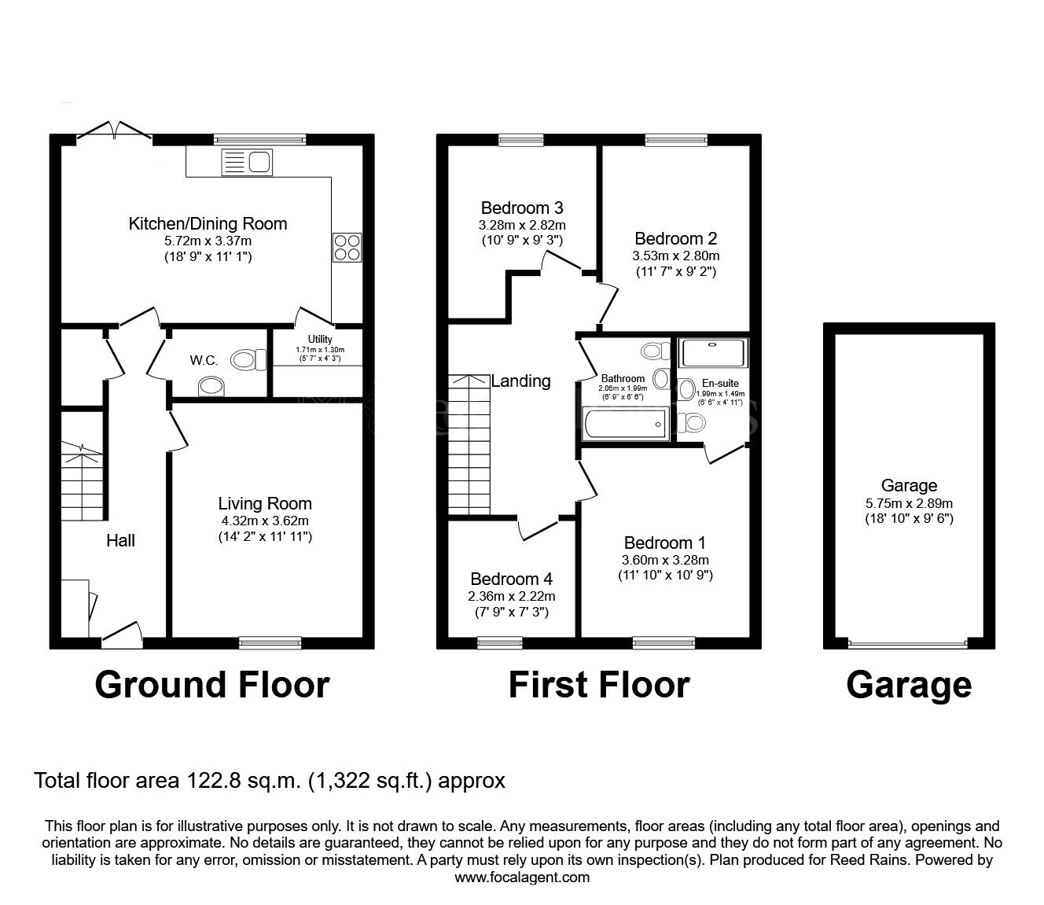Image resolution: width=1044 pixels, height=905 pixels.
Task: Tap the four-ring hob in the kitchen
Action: pyautogui.click(x=347, y=247)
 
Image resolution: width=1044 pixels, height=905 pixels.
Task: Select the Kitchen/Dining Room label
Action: pyautogui.click(x=208, y=224)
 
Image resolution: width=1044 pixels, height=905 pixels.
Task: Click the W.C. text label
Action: pyautogui.click(x=204, y=360)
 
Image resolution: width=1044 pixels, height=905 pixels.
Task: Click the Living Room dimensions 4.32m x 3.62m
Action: pyautogui.click(x=264, y=521)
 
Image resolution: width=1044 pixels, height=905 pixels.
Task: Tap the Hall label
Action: pyautogui.click(x=121, y=541)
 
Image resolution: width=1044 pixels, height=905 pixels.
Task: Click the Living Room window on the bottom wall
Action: pyautogui.click(x=270, y=642)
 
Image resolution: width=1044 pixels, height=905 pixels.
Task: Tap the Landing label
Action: pyautogui.click(x=520, y=381)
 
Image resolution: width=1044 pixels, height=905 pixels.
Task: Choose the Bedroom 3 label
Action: pyautogui.click(x=521, y=208)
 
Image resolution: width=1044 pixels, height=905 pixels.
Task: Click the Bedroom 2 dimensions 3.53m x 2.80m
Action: pyautogui.click(x=675, y=256)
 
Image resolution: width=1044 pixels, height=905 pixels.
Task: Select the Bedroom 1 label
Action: pyautogui.click(x=664, y=543)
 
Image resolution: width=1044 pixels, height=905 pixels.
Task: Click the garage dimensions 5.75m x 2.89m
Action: pyautogui.click(x=909, y=502)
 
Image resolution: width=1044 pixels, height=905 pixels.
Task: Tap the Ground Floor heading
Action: pyautogui.click(x=211, y=685)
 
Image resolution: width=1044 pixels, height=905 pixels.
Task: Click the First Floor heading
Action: pyautogui.click(x=598, y=685)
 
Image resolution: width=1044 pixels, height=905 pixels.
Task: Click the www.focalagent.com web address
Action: pyautogui.click(x=522, y=877)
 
